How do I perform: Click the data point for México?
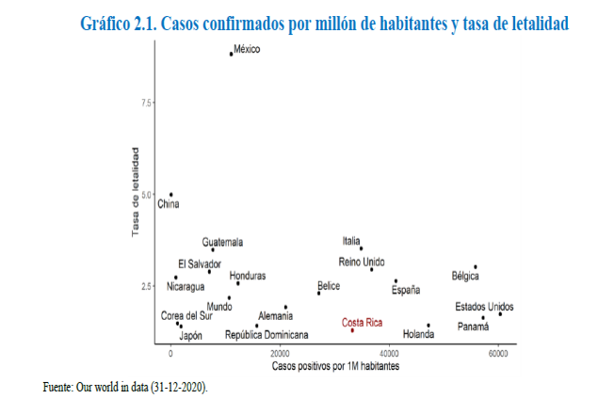click(231, 54)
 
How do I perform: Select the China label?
click(168, 203)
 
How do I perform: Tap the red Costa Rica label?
click(363, 322)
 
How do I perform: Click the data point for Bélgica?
click(476, 267)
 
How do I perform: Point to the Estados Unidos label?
click(484, 307)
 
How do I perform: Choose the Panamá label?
click(474, 327)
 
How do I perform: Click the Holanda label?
click(418, 334)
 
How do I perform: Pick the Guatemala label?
click(222, 242)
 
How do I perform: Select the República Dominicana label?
click(267, 334)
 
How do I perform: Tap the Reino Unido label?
click(362, 261)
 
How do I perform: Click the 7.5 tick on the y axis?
click(146, 102)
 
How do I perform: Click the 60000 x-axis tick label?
click(498, 353)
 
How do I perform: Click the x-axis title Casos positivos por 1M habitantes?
click(335, 364)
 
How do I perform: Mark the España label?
click(406, 291)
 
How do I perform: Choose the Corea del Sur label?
click(186, 315)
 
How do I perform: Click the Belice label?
click(329, 285)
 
